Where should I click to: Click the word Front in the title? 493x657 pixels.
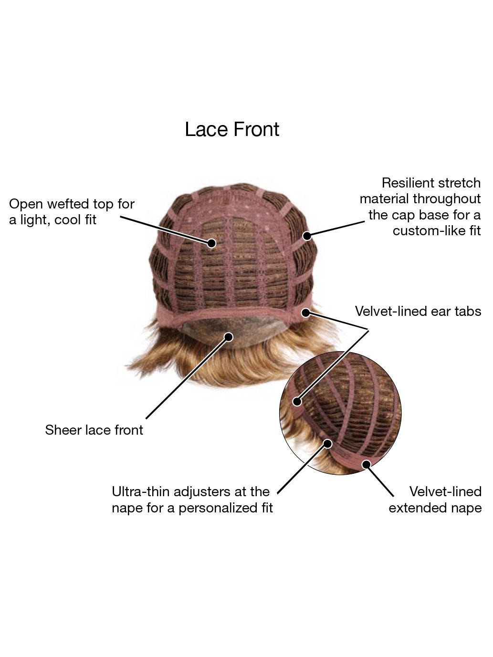pyautogui.click(x=256, y=129)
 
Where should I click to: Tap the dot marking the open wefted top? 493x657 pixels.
pyautogui.click(x=211, y=243)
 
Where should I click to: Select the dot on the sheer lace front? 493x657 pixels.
pyautogui.click(x=229, y=337)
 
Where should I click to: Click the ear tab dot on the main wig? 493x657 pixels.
pyautogui.click(x=305, y=313)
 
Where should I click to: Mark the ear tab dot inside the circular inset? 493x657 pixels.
pyautogui.click(x=297, y=401)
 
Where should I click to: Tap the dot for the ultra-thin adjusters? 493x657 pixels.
pyautogui.click(x=328, y=444)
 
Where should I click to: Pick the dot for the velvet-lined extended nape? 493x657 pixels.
pyautogui.click(x=367, y=465)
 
